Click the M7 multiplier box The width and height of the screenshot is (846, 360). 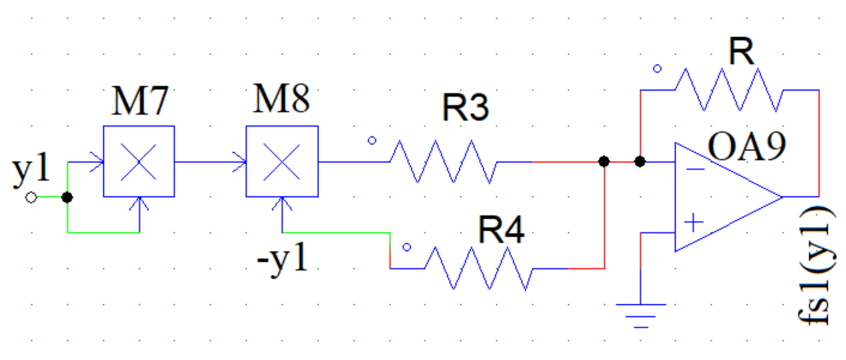(x=139, y=162)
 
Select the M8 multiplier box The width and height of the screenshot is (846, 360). (x=282, y=162)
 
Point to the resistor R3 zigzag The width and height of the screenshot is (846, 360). (x=443, y=162)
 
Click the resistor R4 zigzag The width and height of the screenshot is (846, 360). (x=479, y=269)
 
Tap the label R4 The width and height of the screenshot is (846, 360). (x=501, y=230)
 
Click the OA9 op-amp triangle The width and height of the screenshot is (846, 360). (x=721, y=197)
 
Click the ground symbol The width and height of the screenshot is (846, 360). (x=640, y=315)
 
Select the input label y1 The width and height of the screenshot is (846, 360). (x=31, y=172)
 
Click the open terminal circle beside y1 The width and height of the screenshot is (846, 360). (x=32, y=198)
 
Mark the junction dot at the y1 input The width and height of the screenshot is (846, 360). (x=68, y=198)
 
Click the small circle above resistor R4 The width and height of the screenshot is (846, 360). (x=407, y=248)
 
